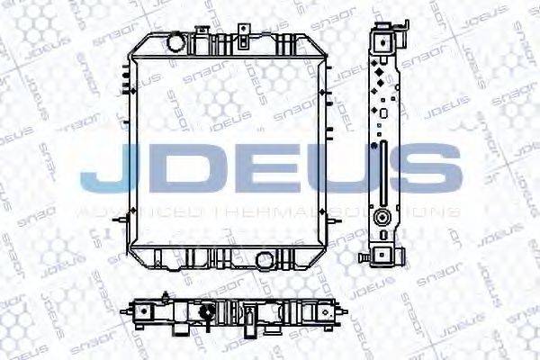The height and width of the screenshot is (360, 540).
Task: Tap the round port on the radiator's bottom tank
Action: pyautogui.click(x=264, y=260)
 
